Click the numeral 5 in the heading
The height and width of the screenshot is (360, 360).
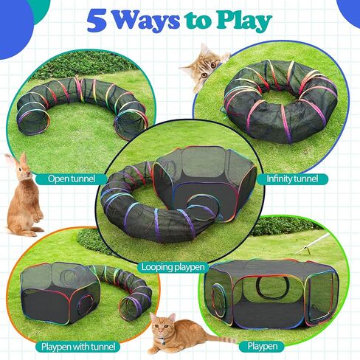point(97,21)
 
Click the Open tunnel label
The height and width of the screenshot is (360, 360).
point(72,179)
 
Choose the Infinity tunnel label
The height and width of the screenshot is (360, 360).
point(292,179)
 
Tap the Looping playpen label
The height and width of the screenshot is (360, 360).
point(173,267)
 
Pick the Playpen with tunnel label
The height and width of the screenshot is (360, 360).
point(78,347)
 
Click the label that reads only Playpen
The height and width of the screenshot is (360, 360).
point(262,346)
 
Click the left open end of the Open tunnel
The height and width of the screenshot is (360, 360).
point(33,122)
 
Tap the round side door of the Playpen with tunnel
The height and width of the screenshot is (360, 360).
point(86,304)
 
